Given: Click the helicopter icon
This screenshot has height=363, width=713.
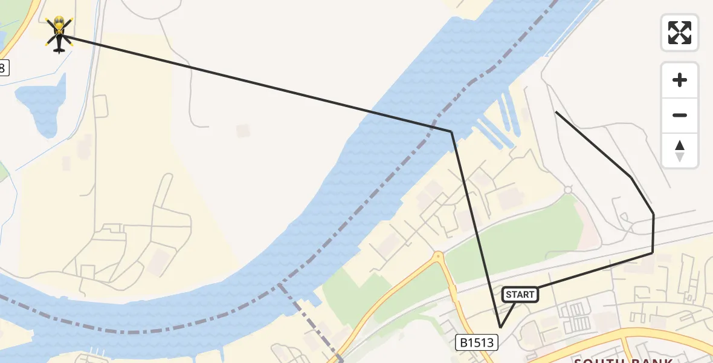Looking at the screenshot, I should pos(59,34).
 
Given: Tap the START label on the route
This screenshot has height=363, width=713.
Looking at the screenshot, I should pos(520,295).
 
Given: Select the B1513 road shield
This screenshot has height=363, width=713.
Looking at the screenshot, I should pos(476,343).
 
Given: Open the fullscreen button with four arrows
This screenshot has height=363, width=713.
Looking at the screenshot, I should pos(680,32).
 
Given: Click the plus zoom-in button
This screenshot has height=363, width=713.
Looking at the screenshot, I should pos(680,80).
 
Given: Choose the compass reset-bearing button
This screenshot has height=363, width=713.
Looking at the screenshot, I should pos(680,151).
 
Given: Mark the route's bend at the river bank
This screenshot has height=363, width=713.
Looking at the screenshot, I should pos(451,131).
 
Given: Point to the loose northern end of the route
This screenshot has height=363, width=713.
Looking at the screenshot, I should pos(556,112).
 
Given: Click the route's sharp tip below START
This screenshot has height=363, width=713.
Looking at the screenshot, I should pos(500,327).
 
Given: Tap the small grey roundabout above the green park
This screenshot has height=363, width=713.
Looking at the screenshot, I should pos(567,189).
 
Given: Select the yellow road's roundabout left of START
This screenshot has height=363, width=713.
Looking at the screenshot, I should pos(438,258).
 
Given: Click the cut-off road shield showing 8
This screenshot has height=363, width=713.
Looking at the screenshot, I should pos(3,68).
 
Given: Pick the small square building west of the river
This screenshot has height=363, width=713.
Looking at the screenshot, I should pos(243,131).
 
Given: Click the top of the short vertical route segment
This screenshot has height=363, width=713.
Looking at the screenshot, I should pos(653,214).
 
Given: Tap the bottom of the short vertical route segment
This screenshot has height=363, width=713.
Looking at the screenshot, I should pos(653,253).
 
